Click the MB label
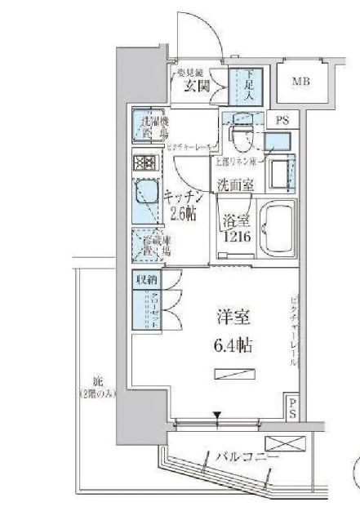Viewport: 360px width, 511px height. point(301,82)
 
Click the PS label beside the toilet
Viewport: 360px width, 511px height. point(282,120)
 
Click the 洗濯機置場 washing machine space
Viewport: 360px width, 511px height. point(150,127)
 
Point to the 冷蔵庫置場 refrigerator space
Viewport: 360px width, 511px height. point(148,243)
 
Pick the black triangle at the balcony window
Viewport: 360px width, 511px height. point(217,422)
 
